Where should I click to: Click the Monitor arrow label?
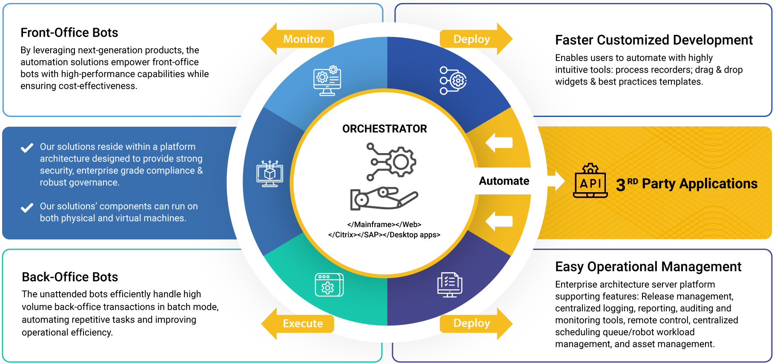click(304, 39)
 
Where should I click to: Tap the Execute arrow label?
click(303, 324)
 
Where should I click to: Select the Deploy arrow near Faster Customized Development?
click(472, 39)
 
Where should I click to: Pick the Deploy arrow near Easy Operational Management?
click(472, 323)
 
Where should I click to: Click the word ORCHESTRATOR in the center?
click(384, 129)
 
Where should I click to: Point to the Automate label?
click(504, 181)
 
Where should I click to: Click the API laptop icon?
click(591, 182)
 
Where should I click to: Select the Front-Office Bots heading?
click(69, 33)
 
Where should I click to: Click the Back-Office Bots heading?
click(70, 277)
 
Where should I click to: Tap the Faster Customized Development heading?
click(654, 40)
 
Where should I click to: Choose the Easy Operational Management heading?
click(648, 267)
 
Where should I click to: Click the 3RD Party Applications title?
click(687, 184)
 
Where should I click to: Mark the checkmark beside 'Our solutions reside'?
click(27, 148)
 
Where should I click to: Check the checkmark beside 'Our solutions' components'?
click(27, 208)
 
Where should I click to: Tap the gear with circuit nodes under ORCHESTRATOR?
click(391, 162)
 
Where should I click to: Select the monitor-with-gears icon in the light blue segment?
click(327, 81)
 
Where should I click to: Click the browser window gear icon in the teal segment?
click(329, 285)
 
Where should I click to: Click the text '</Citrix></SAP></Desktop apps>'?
click(384, 235)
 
